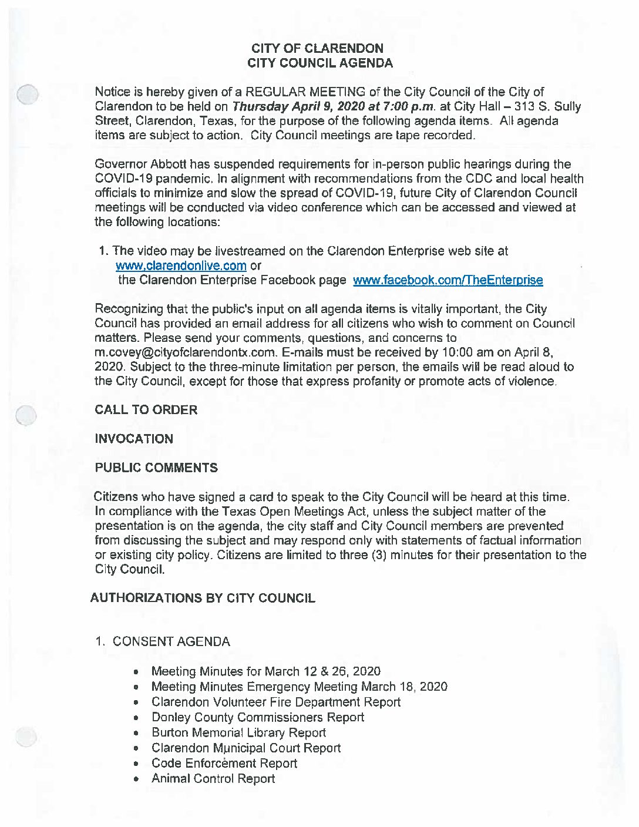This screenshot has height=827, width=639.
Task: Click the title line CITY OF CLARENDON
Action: tap(317, 48)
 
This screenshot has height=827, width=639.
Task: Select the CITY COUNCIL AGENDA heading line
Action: tap(319, 63)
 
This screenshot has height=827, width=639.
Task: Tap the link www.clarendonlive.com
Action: tap(181, 265)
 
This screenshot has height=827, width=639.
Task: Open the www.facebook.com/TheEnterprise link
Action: tap(448, 280)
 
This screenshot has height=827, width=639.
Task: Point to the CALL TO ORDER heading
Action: tap(146, 410)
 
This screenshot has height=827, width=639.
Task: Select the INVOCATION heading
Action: tap(134, 439)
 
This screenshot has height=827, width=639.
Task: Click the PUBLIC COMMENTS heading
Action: tap(156, 468)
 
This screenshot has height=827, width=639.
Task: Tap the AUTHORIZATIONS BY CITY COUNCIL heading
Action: tap(203, 598)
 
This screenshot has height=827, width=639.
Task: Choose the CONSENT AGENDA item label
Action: tap(171, 641)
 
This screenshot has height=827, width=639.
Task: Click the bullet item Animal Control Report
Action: tap(213, 779)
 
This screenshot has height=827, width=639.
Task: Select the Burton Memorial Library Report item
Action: tap(238, 733)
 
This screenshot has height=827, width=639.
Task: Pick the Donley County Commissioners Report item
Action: tap(257, 718)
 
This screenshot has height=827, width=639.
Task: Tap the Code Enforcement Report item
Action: tap(224, 764)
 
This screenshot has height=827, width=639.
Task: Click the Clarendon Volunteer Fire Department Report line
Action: tap(275, 702)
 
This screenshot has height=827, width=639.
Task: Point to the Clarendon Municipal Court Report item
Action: tap(245, 748)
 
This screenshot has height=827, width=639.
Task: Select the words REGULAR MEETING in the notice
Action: tap(305, 92)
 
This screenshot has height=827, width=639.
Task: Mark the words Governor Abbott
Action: tap(127, 164)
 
